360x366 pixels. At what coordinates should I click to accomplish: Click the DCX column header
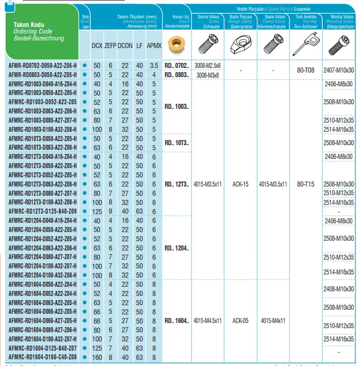point(97,45)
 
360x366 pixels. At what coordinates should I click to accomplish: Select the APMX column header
point(154,45)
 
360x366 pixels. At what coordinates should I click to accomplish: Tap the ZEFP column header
point(110,45)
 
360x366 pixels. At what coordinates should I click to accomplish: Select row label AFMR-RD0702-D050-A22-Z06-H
point(43,66)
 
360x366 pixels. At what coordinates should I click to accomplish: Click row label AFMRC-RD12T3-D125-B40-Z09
point(43,211)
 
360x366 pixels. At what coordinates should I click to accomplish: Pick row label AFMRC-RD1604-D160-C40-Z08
point(43,357)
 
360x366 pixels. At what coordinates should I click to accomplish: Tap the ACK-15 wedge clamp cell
point(240,184)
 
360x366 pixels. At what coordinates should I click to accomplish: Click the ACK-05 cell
point(240,321)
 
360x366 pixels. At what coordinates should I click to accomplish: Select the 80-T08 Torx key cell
point(306,70)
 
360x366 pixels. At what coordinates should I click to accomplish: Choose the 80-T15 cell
point(306,184)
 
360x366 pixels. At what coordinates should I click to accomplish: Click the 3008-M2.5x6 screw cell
point(208,66)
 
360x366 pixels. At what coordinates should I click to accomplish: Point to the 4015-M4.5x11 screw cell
point(208,321)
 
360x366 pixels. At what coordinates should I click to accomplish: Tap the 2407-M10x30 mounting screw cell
point(339,70)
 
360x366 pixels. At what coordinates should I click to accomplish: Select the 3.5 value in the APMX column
point(154,66)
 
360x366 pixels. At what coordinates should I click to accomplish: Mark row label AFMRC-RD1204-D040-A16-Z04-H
point(43,220)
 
